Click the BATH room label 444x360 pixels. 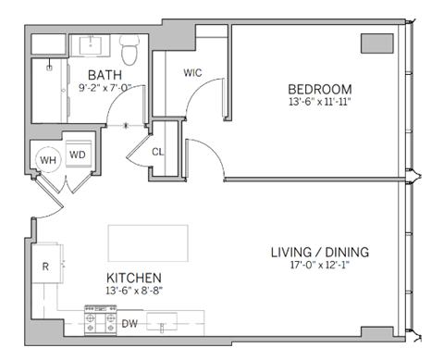point(101,74)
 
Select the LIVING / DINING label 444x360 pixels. point(319,251)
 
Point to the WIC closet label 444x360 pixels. point(193,72)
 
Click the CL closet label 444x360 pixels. point(159,150)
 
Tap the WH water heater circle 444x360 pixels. point(46,159)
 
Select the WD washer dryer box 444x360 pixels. point(77,154)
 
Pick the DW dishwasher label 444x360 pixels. point(130,324)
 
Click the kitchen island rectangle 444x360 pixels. point(148,242)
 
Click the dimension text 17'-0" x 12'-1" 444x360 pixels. point(319,265)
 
